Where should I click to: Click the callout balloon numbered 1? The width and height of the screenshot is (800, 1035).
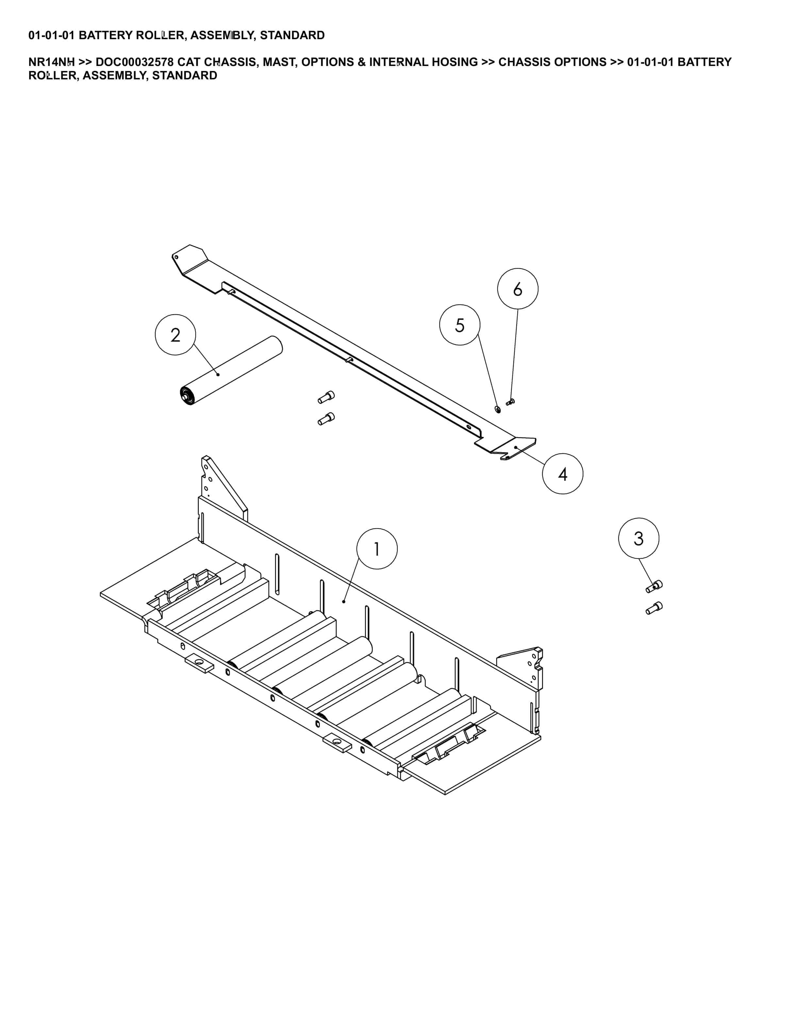coord(377,549)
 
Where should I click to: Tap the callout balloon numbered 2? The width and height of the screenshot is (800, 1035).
coord(175,335)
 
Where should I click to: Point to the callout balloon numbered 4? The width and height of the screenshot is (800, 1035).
coord(562,473)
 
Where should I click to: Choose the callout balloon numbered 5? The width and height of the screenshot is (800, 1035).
coord(460,325)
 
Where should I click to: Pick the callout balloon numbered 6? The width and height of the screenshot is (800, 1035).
coord(518,288)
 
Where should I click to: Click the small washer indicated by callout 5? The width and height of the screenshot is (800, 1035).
coord(497,409)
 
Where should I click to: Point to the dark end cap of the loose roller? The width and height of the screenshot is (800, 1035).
coord(186,396)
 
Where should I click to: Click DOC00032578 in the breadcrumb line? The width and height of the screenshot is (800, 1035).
coord(135,62)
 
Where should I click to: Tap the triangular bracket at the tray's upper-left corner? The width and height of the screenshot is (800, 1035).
coord(223,488)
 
